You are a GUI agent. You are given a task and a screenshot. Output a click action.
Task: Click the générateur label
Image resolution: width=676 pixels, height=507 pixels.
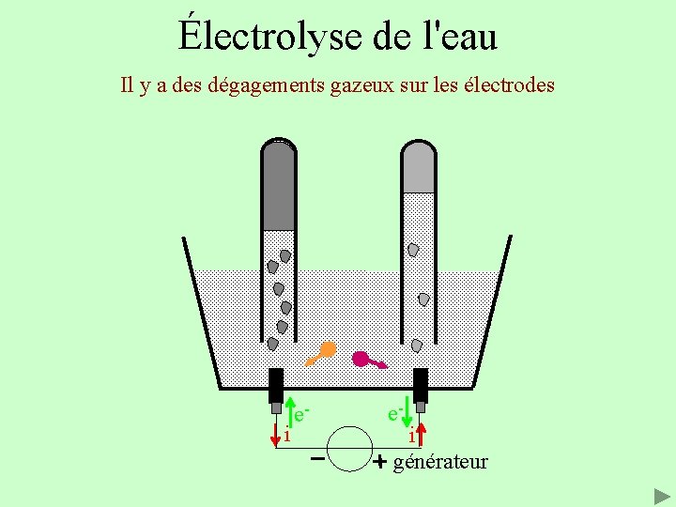click(x=440, y=462)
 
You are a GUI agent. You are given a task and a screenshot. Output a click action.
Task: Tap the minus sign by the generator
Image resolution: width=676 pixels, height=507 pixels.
click(x=317, y=460)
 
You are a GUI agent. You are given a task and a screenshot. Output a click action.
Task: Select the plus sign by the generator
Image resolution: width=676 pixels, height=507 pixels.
click(x=379, y=462)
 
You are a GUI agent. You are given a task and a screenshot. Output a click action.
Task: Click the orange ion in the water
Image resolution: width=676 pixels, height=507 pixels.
click(x=327, y=349)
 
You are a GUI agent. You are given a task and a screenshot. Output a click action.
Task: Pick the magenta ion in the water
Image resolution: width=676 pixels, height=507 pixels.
click(x=361, y=358)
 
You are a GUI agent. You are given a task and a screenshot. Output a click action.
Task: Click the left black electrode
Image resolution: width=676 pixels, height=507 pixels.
click(x=276, y=385)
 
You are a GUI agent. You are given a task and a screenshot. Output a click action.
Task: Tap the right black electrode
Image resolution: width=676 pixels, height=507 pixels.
click(x=421, y=385)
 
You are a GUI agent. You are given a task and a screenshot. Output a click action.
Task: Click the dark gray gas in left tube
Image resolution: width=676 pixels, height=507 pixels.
click(x=279, y=188)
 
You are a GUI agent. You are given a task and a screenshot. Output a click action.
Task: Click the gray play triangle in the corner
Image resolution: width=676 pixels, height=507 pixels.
click(x=661, y=495)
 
